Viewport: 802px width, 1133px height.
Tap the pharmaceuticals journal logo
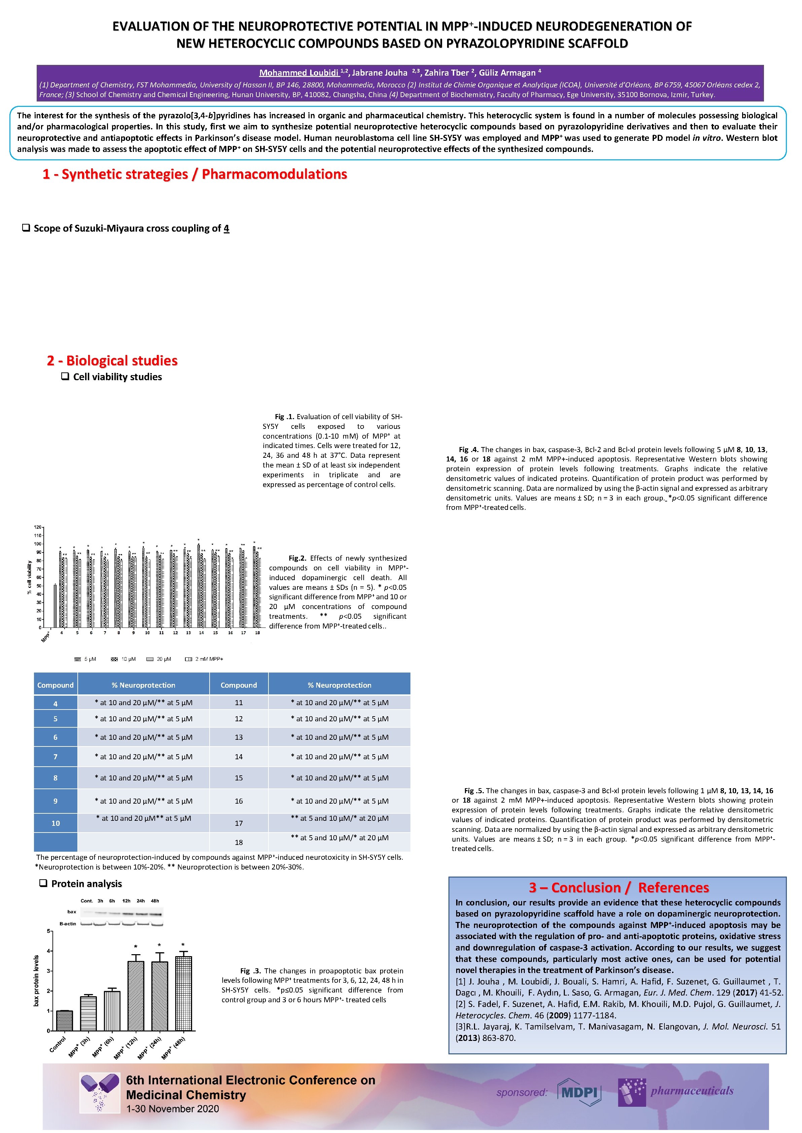click(x=676, y=1092)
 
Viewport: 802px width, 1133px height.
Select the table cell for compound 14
click(x=239, y=757)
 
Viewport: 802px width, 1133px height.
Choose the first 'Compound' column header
click(x=55, y=685)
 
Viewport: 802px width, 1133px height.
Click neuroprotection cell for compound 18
click(x=339, y=838)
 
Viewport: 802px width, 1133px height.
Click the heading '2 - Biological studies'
click(x=112, y=361)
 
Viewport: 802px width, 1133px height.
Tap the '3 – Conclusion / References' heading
click(x=618, y=887)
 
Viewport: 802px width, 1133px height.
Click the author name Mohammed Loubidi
click(x=299, y=73)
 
